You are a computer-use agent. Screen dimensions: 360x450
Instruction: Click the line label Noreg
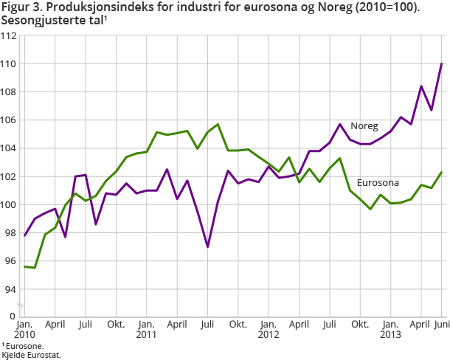pyautogui.click(x=364, y=126)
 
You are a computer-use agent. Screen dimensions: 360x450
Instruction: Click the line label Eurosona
pyautogui.click(x=379, y=182)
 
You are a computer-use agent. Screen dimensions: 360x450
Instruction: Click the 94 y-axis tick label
pyautogui.click(x=10, y=288)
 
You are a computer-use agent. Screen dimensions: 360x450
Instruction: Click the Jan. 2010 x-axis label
pyautogui.click(x=24, y=329)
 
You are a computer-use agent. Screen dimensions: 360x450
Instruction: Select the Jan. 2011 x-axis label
pyautogui.click(x=146, y=329)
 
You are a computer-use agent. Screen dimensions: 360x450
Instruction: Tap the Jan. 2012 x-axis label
pyautogui.click(x=269, y=329)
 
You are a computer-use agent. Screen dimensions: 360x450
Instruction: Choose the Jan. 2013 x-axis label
pyautogui.click(x=391, y=329)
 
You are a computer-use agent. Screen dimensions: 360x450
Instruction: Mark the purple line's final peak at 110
pyautogui.click(x=441, y=63)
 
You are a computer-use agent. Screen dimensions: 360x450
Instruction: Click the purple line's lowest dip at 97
pyautogui.click(x=208, y=246)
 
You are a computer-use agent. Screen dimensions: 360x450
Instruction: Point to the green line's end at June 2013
pyautogui.click(x=441, y=172)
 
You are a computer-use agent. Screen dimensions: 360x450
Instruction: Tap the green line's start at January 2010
pyautogui.click(x=24, y=266)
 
